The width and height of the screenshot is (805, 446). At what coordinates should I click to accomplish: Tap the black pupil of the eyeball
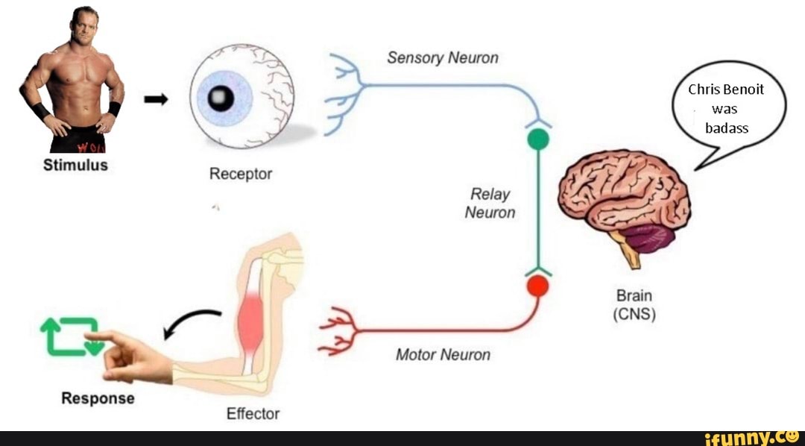pyautogui.click(x=221, y=98)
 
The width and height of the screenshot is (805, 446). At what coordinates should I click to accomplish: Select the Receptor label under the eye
pyautogui.click(x=240, y=174)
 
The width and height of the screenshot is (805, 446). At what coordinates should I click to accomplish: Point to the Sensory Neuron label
pyautogui.click(x=443, y=58)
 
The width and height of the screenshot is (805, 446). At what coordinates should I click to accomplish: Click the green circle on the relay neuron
pyautogui.click(x=538, y=139)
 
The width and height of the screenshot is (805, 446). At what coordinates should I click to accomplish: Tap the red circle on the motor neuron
pyautogui.click(x=537, y=286)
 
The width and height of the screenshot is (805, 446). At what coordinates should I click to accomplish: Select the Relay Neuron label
pyautogui.click(x=490, y=204)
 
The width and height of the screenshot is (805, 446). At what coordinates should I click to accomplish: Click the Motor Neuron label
pyautogui.click(x=443, y=354)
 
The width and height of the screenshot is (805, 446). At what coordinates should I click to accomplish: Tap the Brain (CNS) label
pyautogui.click(x=634, y=305)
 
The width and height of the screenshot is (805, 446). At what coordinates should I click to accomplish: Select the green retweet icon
pyautogui.click(x=70, y=336)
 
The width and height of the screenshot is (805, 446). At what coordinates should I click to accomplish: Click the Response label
pyautogui.click(x=98, y=398)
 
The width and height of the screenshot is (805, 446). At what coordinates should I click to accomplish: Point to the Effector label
pyautogui.click(x=253, y=413)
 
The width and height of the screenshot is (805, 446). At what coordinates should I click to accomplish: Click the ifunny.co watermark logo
pyautogui.click(x=753, y=437)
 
